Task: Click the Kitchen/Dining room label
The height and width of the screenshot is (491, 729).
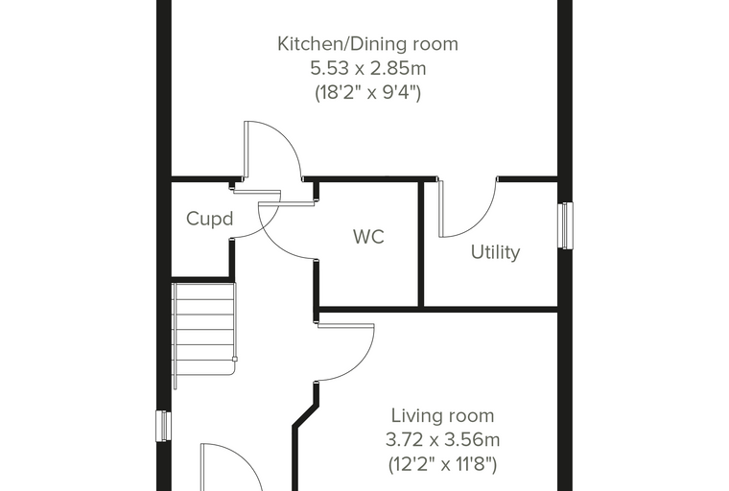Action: click(367, 44)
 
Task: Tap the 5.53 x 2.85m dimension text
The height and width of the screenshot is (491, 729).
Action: click(367, 68)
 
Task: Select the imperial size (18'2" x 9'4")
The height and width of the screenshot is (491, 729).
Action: click(367, 92)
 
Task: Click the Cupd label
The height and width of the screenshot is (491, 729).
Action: click(209, 219)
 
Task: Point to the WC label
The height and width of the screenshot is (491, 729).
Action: click(368, 237)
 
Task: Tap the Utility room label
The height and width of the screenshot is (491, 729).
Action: click(495, 252)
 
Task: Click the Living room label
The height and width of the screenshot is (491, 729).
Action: click(442, 415)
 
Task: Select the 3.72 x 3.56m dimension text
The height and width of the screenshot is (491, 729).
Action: click(442, 439)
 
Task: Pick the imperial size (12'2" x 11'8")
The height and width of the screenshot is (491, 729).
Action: click(442, 464)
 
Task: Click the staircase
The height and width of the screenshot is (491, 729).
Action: click(204, 335)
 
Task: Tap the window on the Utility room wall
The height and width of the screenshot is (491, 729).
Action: click(565, 225)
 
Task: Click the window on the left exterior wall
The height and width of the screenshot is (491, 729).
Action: click(163, 426)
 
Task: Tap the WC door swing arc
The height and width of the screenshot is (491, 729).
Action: click(274, 242)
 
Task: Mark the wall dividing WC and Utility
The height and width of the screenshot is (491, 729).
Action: click(421, 245)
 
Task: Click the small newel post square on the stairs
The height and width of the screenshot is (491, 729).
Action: click(235, 359)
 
